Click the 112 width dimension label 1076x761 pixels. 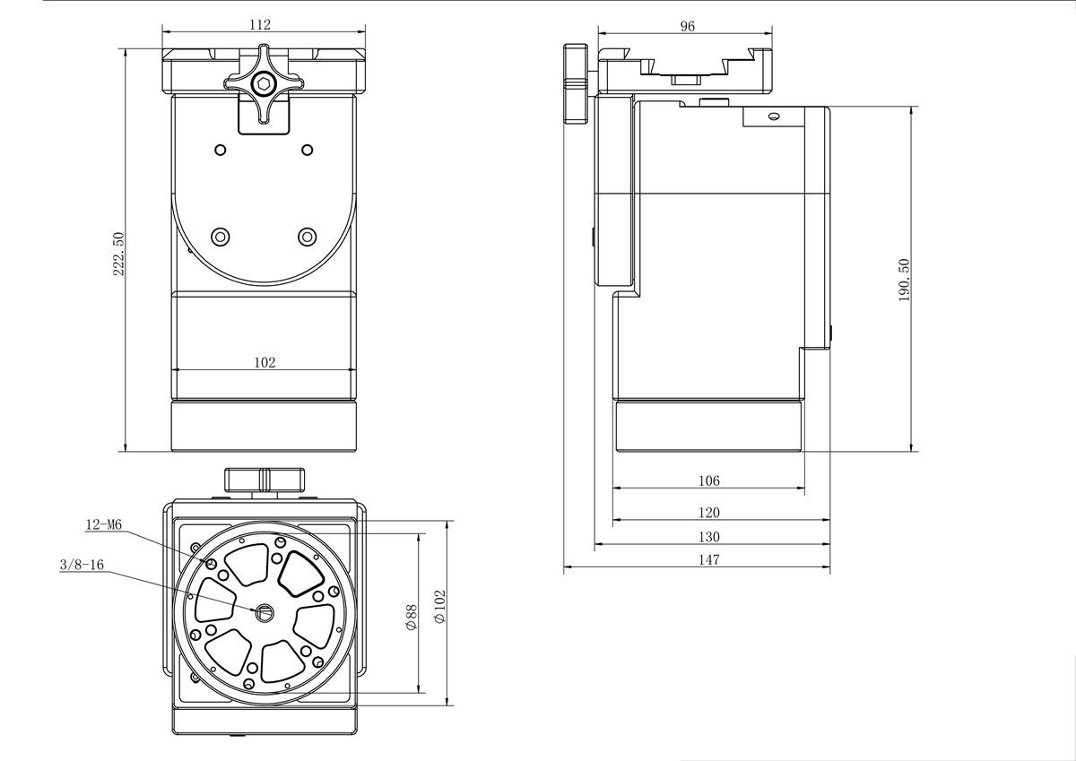261,25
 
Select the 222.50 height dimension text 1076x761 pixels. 117,254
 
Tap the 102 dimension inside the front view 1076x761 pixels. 265,362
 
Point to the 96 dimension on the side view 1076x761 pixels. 687,26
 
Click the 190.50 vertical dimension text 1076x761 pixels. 904,280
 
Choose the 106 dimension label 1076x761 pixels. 708,480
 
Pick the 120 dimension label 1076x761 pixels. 708,513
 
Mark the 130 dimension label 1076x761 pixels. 708,537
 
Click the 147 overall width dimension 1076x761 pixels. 708,560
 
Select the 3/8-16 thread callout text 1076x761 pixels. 82,565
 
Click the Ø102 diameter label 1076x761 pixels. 438,607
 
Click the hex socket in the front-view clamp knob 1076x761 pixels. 264,86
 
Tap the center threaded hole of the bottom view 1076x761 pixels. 265,612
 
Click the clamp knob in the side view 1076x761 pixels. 575,82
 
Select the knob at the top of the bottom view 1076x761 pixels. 265,479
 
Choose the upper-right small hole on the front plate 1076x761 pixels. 307,149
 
